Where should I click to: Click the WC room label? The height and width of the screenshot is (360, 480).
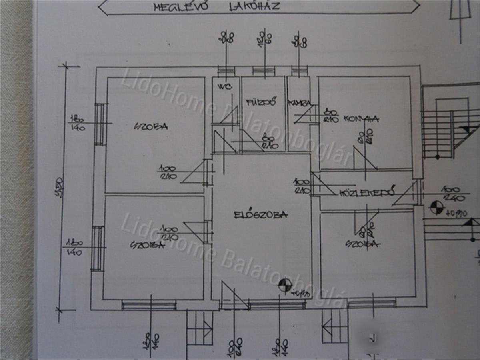(222, 87)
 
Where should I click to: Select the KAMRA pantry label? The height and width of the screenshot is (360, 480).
(299, 103)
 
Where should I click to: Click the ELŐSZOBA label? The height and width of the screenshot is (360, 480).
(260, 215)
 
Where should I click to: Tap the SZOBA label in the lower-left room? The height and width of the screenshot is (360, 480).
(147, 245)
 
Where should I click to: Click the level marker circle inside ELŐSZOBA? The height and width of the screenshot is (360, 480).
(285, 285)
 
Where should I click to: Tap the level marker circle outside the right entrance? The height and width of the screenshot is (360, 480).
(436, 208)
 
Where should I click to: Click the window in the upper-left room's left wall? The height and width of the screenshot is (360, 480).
(100, 124)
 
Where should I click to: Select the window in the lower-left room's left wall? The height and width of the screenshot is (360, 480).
(97, 248)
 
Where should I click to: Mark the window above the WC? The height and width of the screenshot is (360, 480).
(227, 71)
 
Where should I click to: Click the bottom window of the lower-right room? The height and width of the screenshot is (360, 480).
(371, 304)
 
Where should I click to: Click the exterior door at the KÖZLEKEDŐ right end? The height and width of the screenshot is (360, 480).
(417, 193)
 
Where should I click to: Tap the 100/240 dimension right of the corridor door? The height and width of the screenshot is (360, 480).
(451, 193)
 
